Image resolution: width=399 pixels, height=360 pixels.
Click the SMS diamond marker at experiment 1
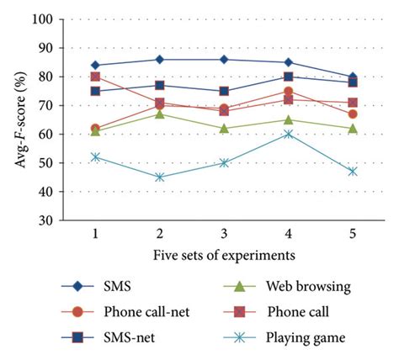pyautogui.click(x=95, y=65)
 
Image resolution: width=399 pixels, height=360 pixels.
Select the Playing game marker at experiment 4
pyautogui.click(x=289, y=134)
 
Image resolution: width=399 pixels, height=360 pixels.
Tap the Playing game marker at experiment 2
pyautogui.click(x=160, y=177)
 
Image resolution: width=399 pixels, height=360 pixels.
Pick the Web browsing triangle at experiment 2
pyautogui.click(x=160, y=114)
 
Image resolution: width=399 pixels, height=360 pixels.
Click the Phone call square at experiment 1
pyautogui.click(x=95, y=77)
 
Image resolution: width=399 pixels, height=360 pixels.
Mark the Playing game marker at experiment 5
pyautogui.click(x=353, y=172)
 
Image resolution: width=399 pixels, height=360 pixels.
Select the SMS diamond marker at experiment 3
pyautogui.click(x=224, y=59)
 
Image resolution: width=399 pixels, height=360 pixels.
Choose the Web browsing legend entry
pyautogui.click(x=295, y=286)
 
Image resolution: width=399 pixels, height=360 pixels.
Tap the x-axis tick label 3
pyautogui.click(x=224, y=233)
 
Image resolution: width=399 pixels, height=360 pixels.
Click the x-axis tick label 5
pyautogui.click(x=353, y=233)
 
